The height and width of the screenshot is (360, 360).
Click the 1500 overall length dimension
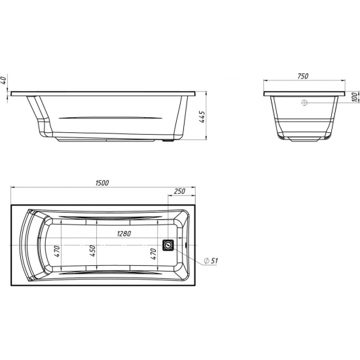(101, 183)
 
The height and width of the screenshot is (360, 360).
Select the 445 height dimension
(203, 117)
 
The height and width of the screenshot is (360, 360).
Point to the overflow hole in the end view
(303, 102)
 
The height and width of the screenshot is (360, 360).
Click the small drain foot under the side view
(172, 139)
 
